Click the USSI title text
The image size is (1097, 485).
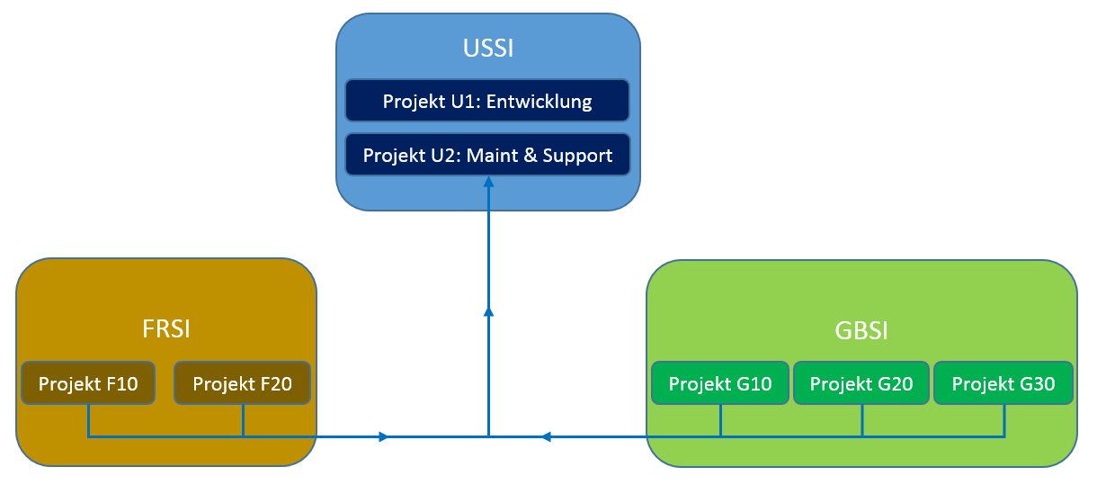tap(488, 48)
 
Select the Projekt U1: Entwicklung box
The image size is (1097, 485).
tap(487, 101)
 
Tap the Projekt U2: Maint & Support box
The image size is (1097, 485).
tap(487, 155)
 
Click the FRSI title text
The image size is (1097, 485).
tap(166, 329)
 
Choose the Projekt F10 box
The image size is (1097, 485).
tap(88, 384)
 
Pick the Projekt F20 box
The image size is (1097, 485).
tap(242, 384)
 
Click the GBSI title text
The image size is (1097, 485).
tap(861, 331)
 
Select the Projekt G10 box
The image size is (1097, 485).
tap(720, 384)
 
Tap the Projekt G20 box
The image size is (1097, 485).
tap(861, 384)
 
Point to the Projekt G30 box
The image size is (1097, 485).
tap(1003, 384)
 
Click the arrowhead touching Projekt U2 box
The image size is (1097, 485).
tap(488, 181)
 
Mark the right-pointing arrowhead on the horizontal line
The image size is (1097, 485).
tap(384, 437)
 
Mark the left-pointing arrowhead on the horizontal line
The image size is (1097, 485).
tap(546, 437)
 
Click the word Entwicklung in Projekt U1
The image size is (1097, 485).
tap(539, 101)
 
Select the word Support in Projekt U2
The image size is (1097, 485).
tap(577, 155)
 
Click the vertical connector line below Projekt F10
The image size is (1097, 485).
tap(88, 420)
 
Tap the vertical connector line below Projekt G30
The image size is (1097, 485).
tap(1003, 420)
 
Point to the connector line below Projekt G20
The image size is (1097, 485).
tap(862, 420)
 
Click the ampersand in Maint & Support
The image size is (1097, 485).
tap(529, 155)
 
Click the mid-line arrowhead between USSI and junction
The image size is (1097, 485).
tap(488, 311)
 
